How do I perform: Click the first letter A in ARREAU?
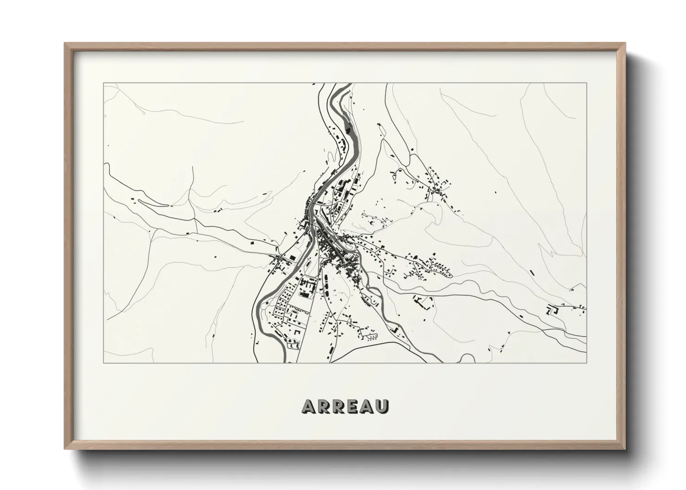309,406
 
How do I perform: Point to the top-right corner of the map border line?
586,83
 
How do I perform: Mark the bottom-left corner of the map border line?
103,363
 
